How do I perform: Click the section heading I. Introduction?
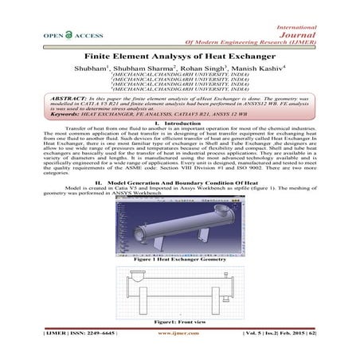pos(179,144)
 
